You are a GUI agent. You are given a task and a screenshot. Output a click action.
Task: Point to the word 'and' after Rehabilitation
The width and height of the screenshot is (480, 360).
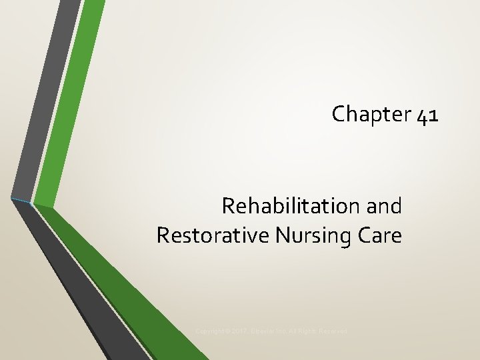384,206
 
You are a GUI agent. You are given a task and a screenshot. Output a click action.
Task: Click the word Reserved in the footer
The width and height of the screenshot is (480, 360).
332,331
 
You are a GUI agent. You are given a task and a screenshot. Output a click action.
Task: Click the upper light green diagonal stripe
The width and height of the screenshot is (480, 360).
70,100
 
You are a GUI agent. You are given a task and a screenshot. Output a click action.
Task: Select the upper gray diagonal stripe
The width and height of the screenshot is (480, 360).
43,100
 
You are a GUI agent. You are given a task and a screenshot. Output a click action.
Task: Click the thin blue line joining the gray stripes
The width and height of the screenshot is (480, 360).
21,199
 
